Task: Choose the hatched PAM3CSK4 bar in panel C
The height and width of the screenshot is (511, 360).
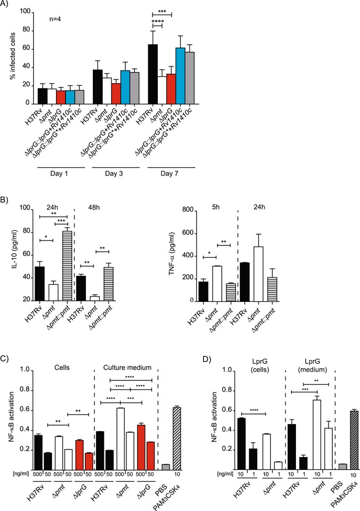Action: click(177, 437)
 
